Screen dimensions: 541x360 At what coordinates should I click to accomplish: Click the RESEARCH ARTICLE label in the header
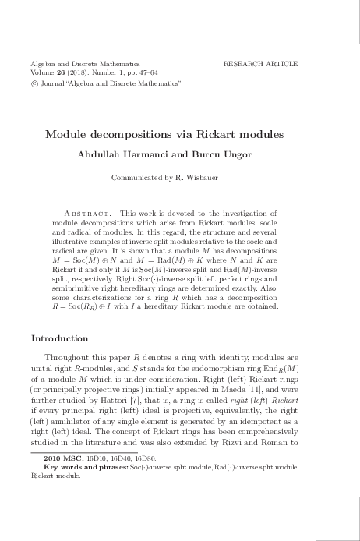pyautogui.click(x=260, y=62)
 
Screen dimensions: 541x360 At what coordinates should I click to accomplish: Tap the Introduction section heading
pyautogui.click(x=60, y=339)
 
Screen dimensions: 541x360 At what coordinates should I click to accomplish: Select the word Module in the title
pyautogui.click(x=68, y=134)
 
